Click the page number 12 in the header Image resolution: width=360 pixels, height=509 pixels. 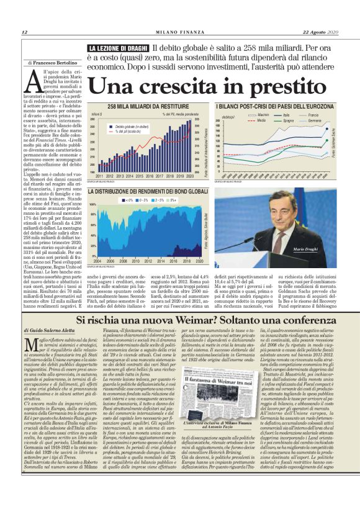pyautogui.click(x=24, y=32)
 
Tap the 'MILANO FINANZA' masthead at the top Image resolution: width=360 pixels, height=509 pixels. pyautogui.click(x=180, y=32)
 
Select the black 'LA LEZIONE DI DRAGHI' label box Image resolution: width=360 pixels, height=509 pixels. pyautogui.click(x=118, y=48)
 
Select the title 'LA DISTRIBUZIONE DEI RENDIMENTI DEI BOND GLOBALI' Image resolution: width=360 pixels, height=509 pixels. pyautogui.click(x=148, y=192)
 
